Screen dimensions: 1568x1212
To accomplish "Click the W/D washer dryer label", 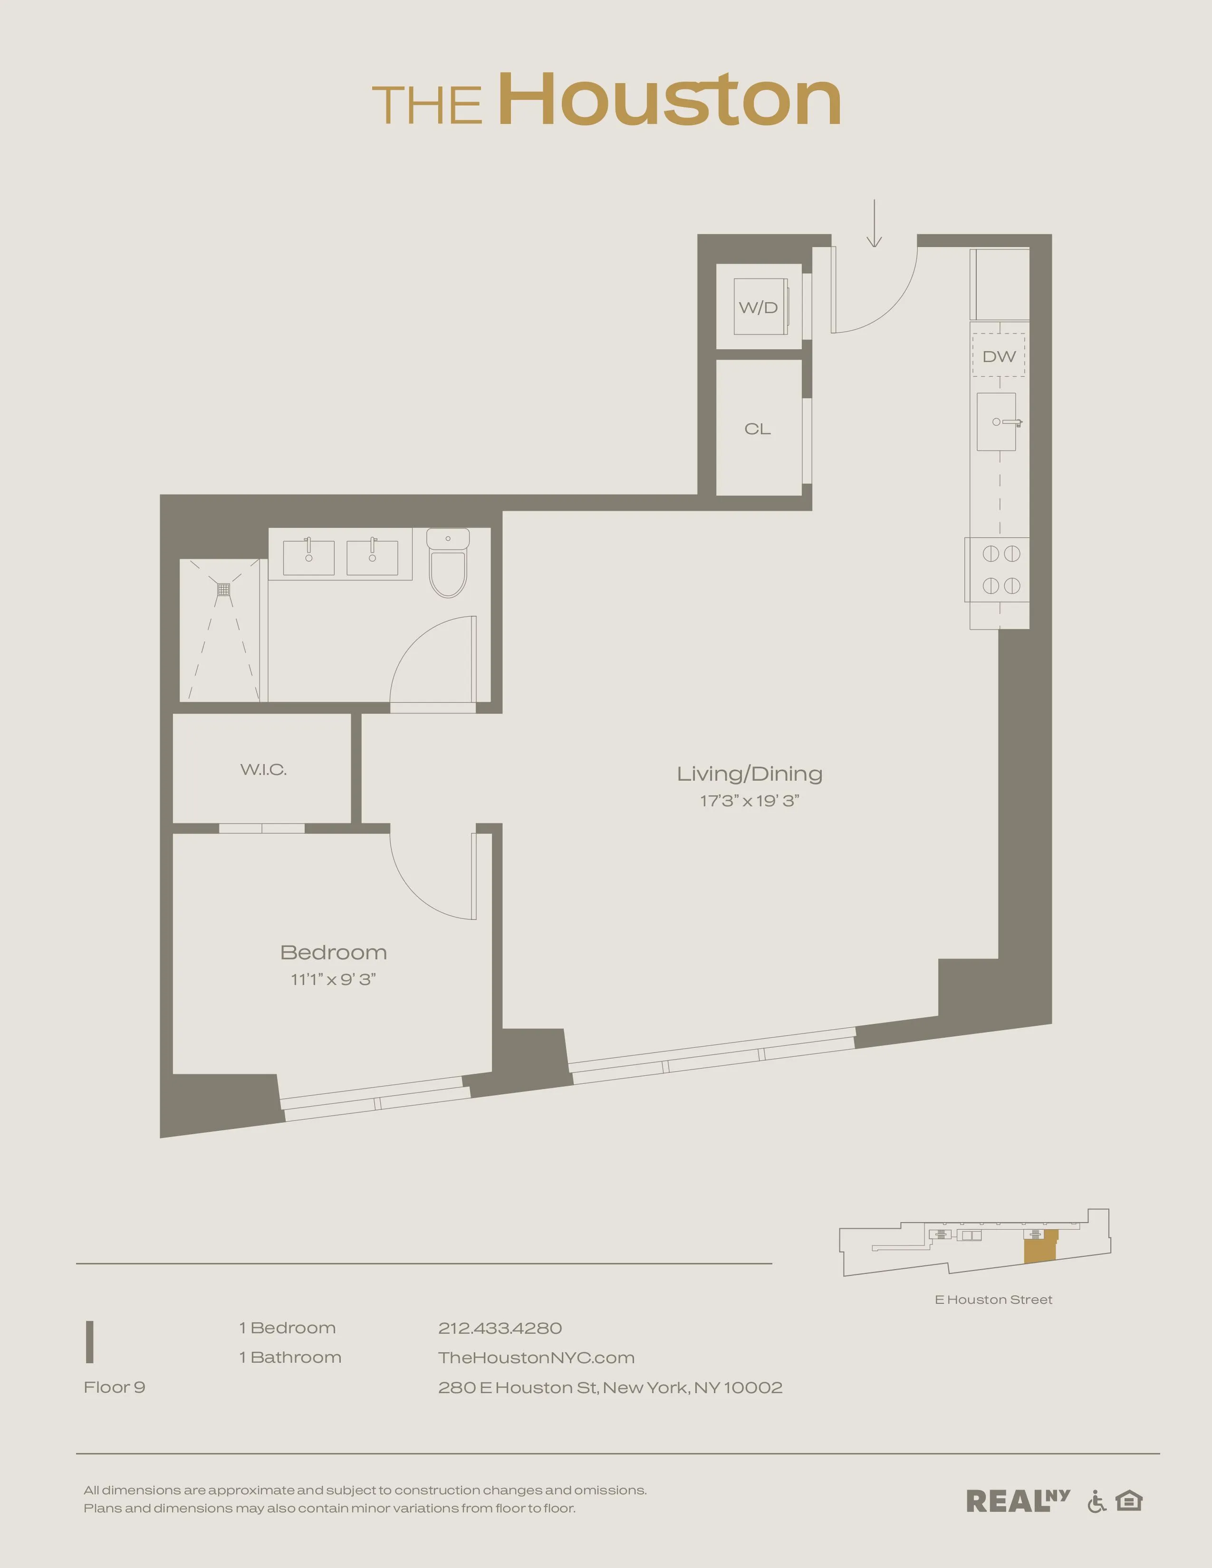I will pos(758,308).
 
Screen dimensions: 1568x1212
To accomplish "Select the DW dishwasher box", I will pos(999,355).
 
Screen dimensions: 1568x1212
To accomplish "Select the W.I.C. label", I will pos(263,770).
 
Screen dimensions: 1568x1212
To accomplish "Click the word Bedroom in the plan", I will pos(333,953).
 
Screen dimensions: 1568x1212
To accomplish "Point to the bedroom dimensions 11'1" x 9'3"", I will pos(333,979).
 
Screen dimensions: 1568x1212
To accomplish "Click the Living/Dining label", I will pos(750,774).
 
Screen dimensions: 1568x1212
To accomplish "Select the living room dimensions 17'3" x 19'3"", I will pos(750,801).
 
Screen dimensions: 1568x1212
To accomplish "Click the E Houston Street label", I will pos(993,1300).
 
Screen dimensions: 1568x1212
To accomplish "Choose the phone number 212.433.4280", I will pos(500,1328).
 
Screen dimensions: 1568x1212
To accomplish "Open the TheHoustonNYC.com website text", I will pos(536,1358).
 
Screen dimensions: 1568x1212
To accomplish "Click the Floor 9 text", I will pos(114,1387).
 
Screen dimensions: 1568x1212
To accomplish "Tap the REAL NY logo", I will pos(1018,1501).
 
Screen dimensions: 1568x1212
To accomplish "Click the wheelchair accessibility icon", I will pos(1097,1501).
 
